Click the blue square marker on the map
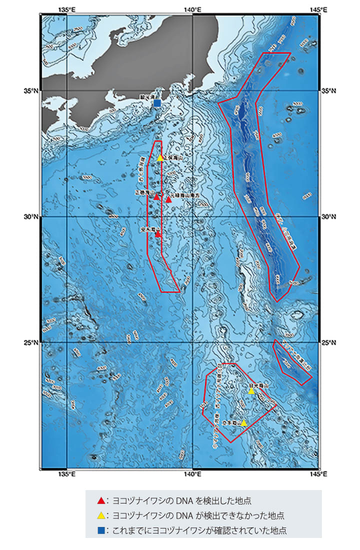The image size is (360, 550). click(157, 103)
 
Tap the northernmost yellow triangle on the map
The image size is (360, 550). click(160, 158)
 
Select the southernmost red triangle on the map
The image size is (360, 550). click(158, 234)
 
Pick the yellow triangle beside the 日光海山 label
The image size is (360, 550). click(251, 391)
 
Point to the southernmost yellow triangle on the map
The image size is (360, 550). click(244, 423)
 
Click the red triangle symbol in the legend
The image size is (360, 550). click(101, 500)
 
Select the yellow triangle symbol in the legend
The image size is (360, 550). click(101, 515)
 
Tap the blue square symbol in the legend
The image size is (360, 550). click(101, 529)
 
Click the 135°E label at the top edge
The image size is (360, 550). click(67, 9)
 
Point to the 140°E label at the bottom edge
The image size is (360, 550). click(192, 474)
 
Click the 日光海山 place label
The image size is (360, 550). click(259, 386)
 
